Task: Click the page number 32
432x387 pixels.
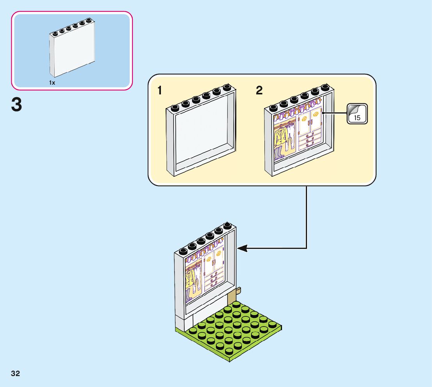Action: (x=16, y=373)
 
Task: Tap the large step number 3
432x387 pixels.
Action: (x=17, y=105)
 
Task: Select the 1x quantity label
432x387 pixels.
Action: (x=52, y=83)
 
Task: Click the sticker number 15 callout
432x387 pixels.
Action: (x=357, y=114)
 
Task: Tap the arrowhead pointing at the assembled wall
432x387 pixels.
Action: (x=242, y=248)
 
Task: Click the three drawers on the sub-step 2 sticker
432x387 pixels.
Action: (x=310, y=139)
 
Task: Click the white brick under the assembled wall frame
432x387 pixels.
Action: (x=182, y=322)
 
